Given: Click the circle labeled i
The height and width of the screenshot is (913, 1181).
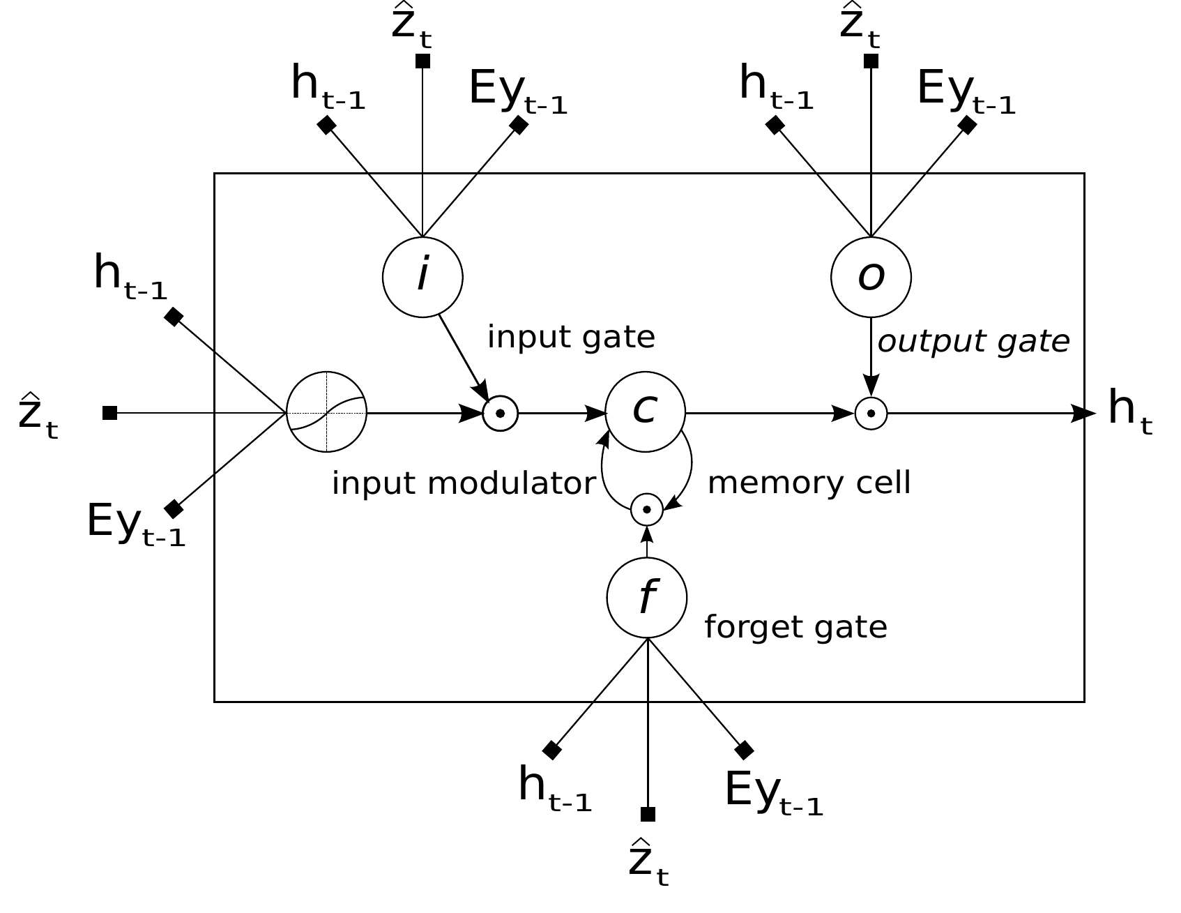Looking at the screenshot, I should (x=422, y=277).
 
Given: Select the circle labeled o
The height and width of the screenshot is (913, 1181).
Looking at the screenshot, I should (x=871, y=277).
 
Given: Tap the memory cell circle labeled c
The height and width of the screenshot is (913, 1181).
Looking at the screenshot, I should (x=645, y=412).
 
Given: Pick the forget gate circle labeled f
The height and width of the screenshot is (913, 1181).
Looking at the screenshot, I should (x=647, y=598).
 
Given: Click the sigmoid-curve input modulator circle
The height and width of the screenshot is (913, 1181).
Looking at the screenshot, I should (x=327, y=412).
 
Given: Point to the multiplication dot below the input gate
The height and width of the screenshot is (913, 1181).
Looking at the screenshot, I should (x=500, y=414).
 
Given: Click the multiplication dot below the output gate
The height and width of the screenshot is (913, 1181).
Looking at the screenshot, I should (x=871, y=414).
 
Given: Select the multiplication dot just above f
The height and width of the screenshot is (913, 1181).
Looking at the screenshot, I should (x=647, y=510).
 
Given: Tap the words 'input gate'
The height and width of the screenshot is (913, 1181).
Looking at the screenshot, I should (x=571, y=338).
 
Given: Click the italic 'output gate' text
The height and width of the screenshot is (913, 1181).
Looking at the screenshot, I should (x=973, y=342).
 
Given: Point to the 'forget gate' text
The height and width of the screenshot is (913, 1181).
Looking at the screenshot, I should (x=795, y=627).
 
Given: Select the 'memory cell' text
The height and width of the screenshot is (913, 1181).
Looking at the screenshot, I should (x=809, y=483).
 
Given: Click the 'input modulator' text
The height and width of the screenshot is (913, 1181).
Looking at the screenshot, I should (x=464, y=483).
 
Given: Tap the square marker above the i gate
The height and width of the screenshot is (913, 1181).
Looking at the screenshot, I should (x=422, y=61).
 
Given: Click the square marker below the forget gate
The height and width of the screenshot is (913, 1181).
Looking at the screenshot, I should (x=648, y=814).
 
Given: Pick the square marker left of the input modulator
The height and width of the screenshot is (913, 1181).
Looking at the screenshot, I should (x=109, y=413).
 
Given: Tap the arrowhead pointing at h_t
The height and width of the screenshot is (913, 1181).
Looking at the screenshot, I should (x=1083, y=413).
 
